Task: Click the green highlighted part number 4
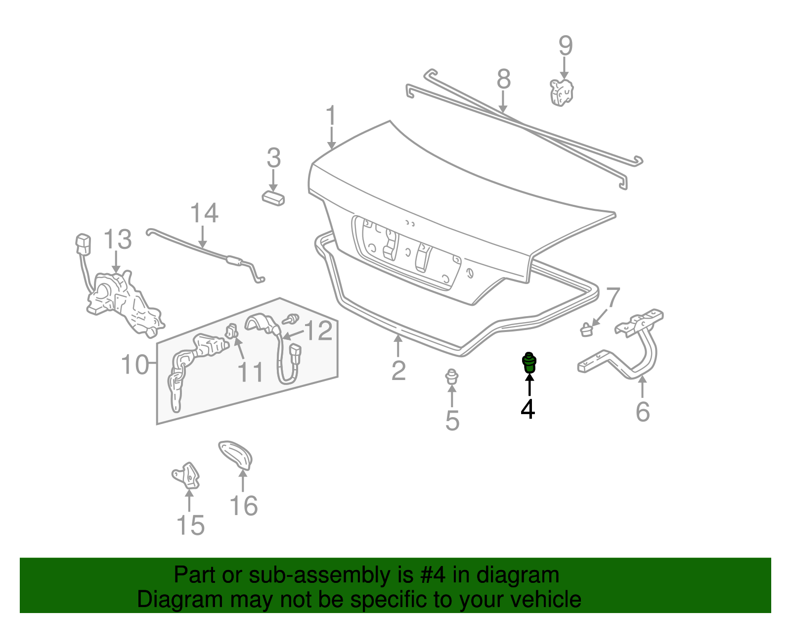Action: coord(529,363)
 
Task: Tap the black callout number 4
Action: coord(528,409)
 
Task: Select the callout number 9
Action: coord(566,46)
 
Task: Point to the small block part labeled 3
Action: coord(273,198)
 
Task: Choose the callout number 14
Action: coord(204,213)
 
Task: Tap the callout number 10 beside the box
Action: coord(134,365)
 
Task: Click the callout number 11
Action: coord(251,372)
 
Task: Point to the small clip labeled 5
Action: coord(451,377)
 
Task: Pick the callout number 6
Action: coord(642,412)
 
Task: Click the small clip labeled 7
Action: coord(586,329)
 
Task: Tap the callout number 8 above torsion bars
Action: coord(503,79)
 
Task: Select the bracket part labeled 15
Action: coord(187,475)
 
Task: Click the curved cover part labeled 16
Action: coord(237,454)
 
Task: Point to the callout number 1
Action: coord(331,116)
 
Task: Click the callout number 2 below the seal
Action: coord(398,371)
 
